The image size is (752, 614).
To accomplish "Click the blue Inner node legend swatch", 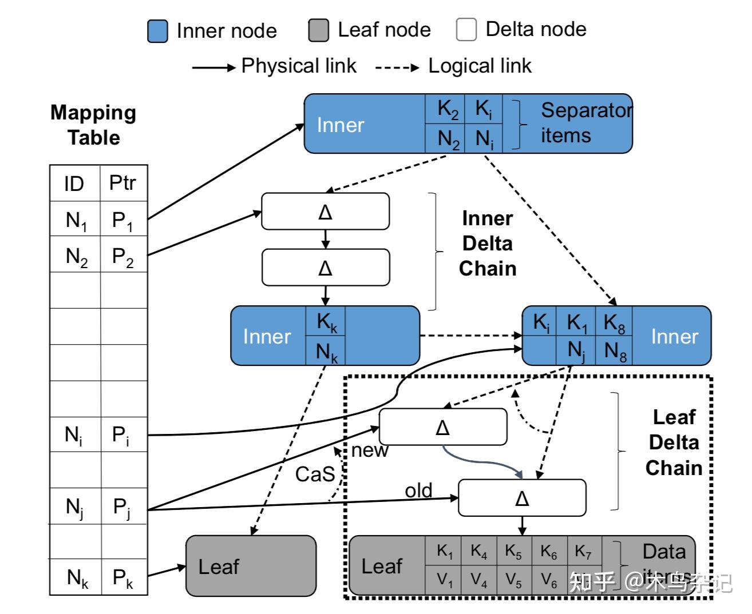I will [x=157, y=31].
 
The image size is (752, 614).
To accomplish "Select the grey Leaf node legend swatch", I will [x=318, y=30].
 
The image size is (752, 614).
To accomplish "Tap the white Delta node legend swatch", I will [x=466, y=30].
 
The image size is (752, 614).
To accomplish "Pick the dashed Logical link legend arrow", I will [x=397, y=67].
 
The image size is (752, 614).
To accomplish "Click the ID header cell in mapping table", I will [x=74, y=184].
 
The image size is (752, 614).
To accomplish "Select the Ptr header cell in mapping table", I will [x=123, y=183].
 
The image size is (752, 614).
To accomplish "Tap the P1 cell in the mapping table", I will [x=123, y=220].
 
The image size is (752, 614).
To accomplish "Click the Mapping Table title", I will [x=93, y=125].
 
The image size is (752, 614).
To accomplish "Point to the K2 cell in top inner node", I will [x=447, y=109].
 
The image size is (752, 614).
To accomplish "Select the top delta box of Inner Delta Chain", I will [x=325, y=212].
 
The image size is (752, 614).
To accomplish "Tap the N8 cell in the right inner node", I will [x=615, y=350].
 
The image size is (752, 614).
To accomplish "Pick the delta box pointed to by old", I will [x=522, y=498].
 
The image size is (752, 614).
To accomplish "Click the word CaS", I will [x=315, y=474].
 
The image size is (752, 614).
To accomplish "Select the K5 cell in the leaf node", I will [x=513, y=551].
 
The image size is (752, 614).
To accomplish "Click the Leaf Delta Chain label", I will [x=674, y=442].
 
